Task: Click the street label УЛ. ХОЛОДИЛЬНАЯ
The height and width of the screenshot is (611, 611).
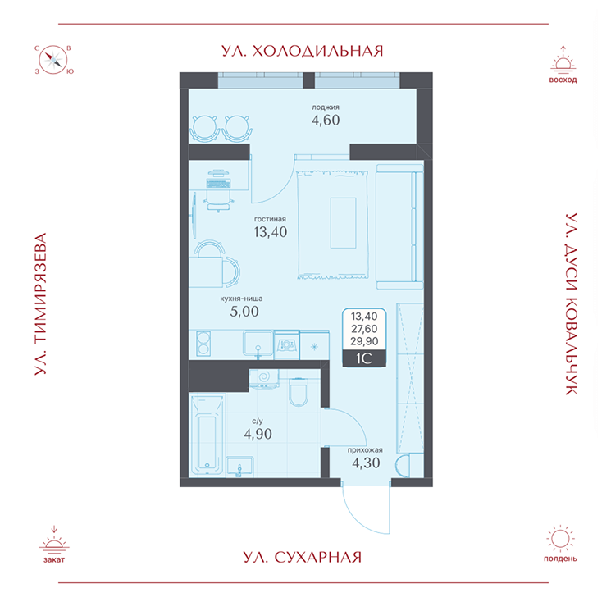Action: coord(303,51)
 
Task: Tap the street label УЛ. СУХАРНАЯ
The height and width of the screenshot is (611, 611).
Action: coord(303,558)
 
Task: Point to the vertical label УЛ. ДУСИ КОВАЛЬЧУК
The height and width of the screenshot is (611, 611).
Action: coord(568,305)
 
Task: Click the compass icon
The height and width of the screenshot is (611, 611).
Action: coord(55,59)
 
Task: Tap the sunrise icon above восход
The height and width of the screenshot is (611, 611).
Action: coord(563,65)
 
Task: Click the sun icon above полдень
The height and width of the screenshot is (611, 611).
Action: coord(560,539)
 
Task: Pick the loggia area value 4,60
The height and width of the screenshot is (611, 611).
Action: coord(325,120)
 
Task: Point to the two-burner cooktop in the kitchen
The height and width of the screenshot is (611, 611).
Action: coord(203,343)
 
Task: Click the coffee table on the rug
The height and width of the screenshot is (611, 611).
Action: coord(343,223)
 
